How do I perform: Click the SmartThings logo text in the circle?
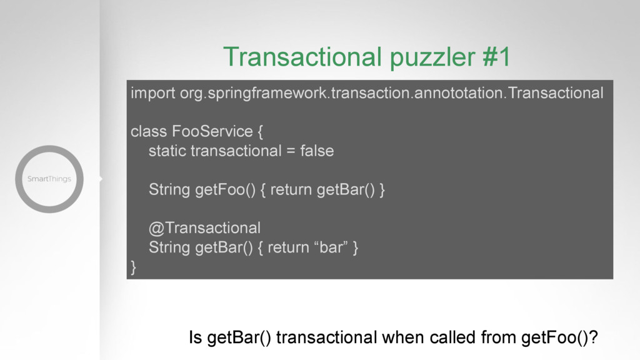[49, 179]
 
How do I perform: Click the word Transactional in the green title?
[302, 56]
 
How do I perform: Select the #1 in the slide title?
[496, 56]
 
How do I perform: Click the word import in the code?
[153, 94]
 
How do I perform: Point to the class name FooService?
[212, 131]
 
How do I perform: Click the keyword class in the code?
[149, 131]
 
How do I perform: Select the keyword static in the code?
[167, 151]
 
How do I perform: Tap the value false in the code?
[317, 151]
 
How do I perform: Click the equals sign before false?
[291, 151]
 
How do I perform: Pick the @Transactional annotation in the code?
[204, 227]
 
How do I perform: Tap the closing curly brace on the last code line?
[134, 267]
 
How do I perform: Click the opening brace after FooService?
[261, 132]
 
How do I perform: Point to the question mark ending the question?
[594, 337]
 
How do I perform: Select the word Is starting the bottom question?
[196, 337]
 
